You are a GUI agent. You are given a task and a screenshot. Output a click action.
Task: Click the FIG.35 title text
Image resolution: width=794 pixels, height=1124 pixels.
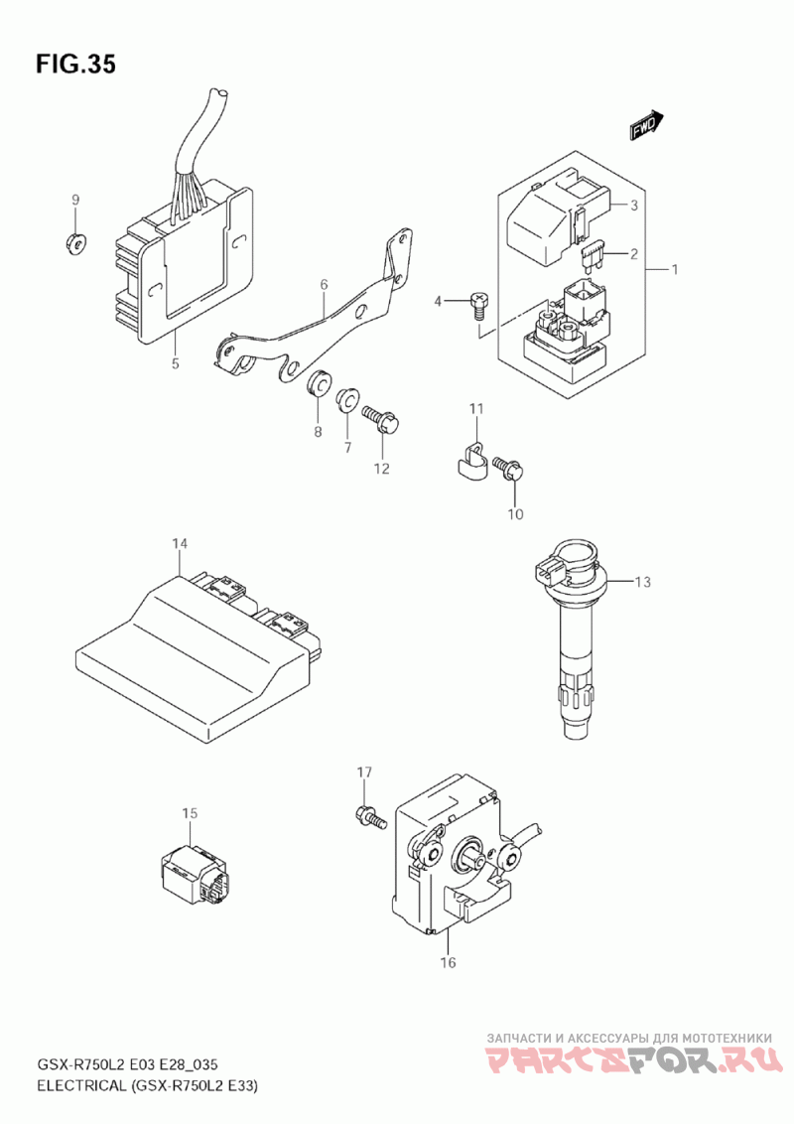coord(75,65)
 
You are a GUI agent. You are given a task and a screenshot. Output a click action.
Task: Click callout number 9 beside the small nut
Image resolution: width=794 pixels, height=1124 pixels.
coord(75,200)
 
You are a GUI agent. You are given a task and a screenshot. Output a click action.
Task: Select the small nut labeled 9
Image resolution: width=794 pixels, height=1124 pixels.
coord(75,242)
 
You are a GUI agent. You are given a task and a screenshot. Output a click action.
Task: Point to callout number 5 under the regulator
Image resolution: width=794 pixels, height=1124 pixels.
coord(176,363)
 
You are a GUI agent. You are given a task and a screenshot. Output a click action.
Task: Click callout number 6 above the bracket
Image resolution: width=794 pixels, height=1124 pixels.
coord(324,285)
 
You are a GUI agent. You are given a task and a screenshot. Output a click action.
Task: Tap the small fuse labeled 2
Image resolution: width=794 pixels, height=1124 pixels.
coord(592,256)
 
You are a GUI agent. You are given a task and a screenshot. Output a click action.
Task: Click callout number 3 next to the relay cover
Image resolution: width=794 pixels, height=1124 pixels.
coord(633,206)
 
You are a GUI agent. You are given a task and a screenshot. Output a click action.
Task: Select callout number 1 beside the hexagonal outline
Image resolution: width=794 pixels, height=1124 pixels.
coord(674,269)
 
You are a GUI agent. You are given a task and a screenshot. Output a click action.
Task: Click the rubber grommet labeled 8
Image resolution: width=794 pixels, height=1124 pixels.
coord(319,382)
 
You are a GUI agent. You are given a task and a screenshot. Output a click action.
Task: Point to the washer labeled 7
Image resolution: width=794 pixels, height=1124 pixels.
coord(346,399)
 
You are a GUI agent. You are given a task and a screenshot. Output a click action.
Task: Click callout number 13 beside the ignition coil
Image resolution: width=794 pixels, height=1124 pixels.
coord(643,581)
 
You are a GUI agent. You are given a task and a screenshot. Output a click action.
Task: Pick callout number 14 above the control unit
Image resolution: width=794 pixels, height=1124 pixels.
coord(180,544)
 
